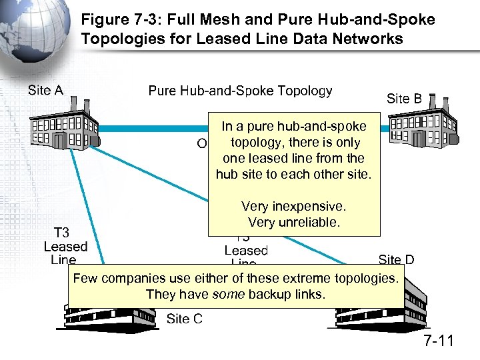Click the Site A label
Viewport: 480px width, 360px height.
tap(45, 90)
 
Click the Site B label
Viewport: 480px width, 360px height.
tap(404, 99)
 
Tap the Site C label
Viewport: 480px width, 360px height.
tap(184, 319)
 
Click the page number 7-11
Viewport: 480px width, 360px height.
tap(438, 341)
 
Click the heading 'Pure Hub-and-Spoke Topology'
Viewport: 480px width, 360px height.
tap(240, 91)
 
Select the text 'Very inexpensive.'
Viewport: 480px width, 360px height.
tap(294, 207)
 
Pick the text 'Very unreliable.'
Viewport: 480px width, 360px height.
tap(294, 222)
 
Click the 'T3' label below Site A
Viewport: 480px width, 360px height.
tap(61, 233)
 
